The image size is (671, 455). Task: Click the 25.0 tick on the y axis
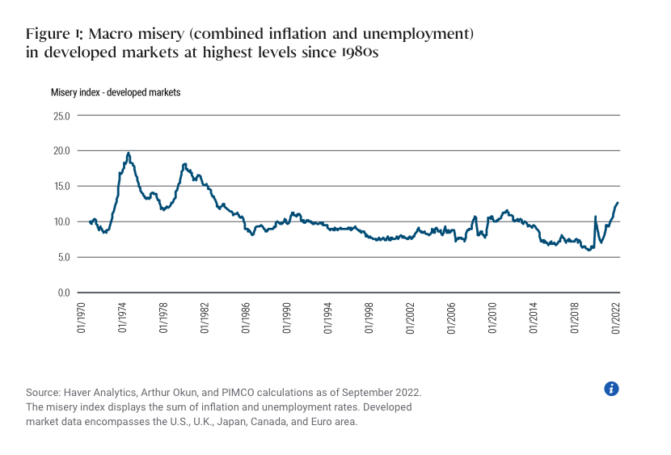point(61,115)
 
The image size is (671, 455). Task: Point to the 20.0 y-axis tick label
point(61,150)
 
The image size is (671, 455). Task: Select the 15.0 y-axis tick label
point(61,186)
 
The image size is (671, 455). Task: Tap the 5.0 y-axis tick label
point(64,257)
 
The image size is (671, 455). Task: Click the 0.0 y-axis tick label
point(64,293)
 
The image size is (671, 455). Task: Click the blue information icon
point(611,389)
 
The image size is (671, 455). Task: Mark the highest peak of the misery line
point(129,153)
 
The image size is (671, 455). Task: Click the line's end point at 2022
point(618,203)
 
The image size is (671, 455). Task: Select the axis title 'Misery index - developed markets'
point(116,92)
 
